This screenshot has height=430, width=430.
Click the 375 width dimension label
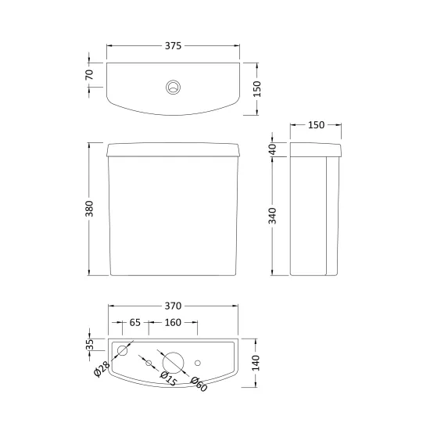pyautogui.click(x=173, y=46)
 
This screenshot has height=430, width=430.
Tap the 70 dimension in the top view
pyautogui.click(x=89, y=74)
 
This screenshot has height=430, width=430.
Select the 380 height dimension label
pyautogui.click(x=89, y=209)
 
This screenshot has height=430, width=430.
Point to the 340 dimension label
pyautogui.click(x=272, y=216)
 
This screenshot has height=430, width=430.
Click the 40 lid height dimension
pyautogui.click(x=273, y=150)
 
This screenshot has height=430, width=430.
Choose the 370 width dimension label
pyautogui.click(x=173, y=306)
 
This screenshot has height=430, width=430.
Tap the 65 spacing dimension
pyautogui.click(x=135, y=322)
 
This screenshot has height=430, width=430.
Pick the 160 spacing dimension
pyautogui.click(x=173, y=322)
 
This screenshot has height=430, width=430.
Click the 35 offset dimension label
pyautogui.click(x=90, y=345)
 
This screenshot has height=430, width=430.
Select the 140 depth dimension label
pyautogui.click(x=256, y=363)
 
